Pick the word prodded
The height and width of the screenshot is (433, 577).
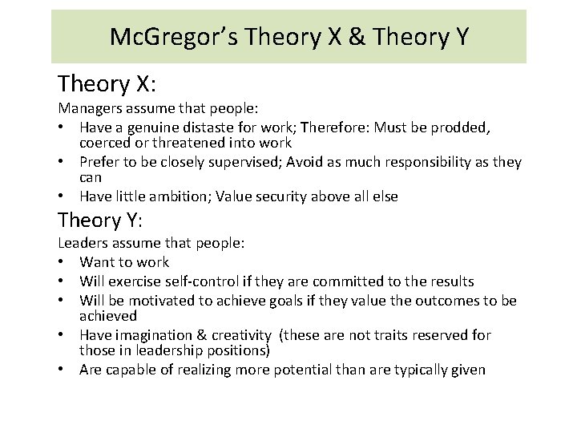click(x=462, y=127)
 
